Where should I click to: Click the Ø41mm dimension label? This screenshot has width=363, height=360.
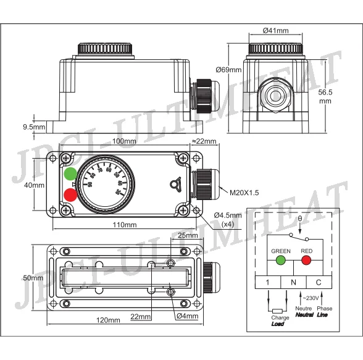pos(275,31)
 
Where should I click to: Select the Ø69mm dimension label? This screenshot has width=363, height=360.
pos(228,70)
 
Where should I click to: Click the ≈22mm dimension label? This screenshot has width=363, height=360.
pos(204,141)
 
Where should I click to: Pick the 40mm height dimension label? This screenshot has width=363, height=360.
pos(34,185)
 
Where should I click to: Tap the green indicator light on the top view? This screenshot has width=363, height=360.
pos(71,174)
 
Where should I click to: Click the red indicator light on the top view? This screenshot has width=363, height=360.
pos(71,195)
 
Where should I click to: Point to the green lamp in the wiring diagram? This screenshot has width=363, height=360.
pos(280,261)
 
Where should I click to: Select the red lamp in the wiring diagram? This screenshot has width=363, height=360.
pos(306,261)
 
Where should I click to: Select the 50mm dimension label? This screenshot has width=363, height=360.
pos(33,278)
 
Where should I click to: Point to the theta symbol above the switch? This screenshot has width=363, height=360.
pos(300,219)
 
